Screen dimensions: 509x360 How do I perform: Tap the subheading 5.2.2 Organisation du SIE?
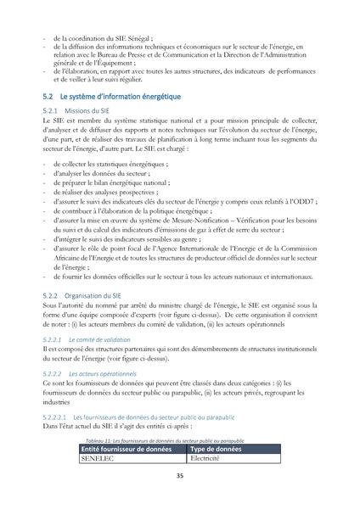(x=82, y=294)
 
